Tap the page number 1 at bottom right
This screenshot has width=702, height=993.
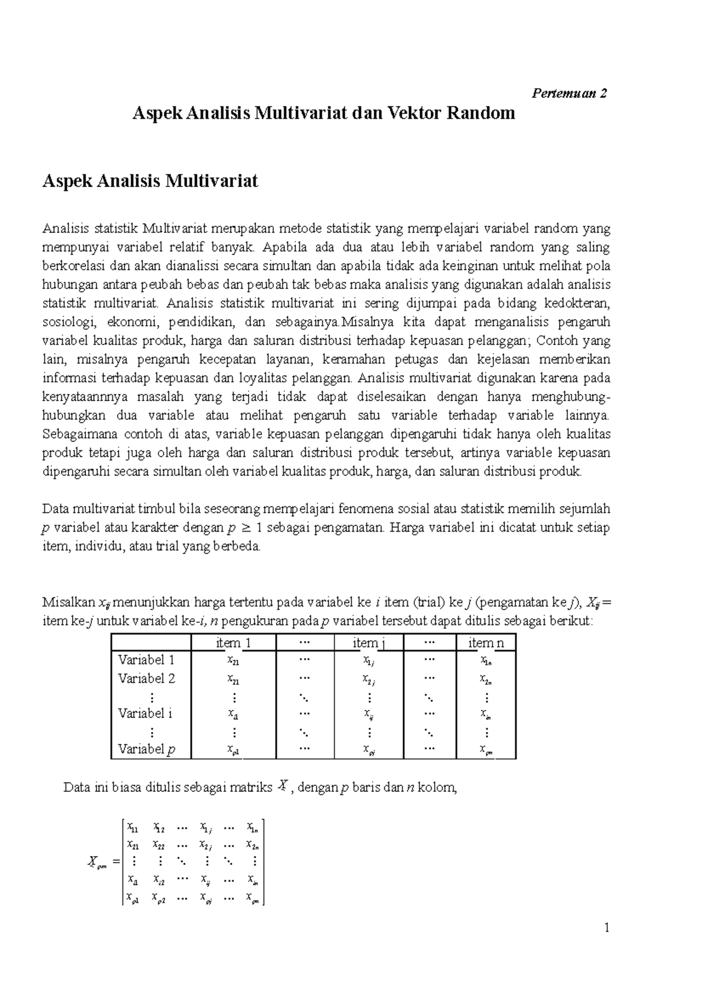(x=607, y=928)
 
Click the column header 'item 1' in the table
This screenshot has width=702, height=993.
(x=233, y=643)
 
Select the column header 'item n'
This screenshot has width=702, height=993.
(x=486, y=643)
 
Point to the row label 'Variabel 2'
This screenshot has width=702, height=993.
(x=146, y=678)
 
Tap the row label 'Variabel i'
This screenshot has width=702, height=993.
(x=145, y=713)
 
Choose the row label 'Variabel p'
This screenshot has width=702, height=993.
(x=146, y=749)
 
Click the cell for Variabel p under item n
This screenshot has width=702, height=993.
(x=486, y=749)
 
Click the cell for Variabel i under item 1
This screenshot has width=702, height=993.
(x=233, y=714)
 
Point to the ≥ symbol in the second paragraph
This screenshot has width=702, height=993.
(x=247, y=527)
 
